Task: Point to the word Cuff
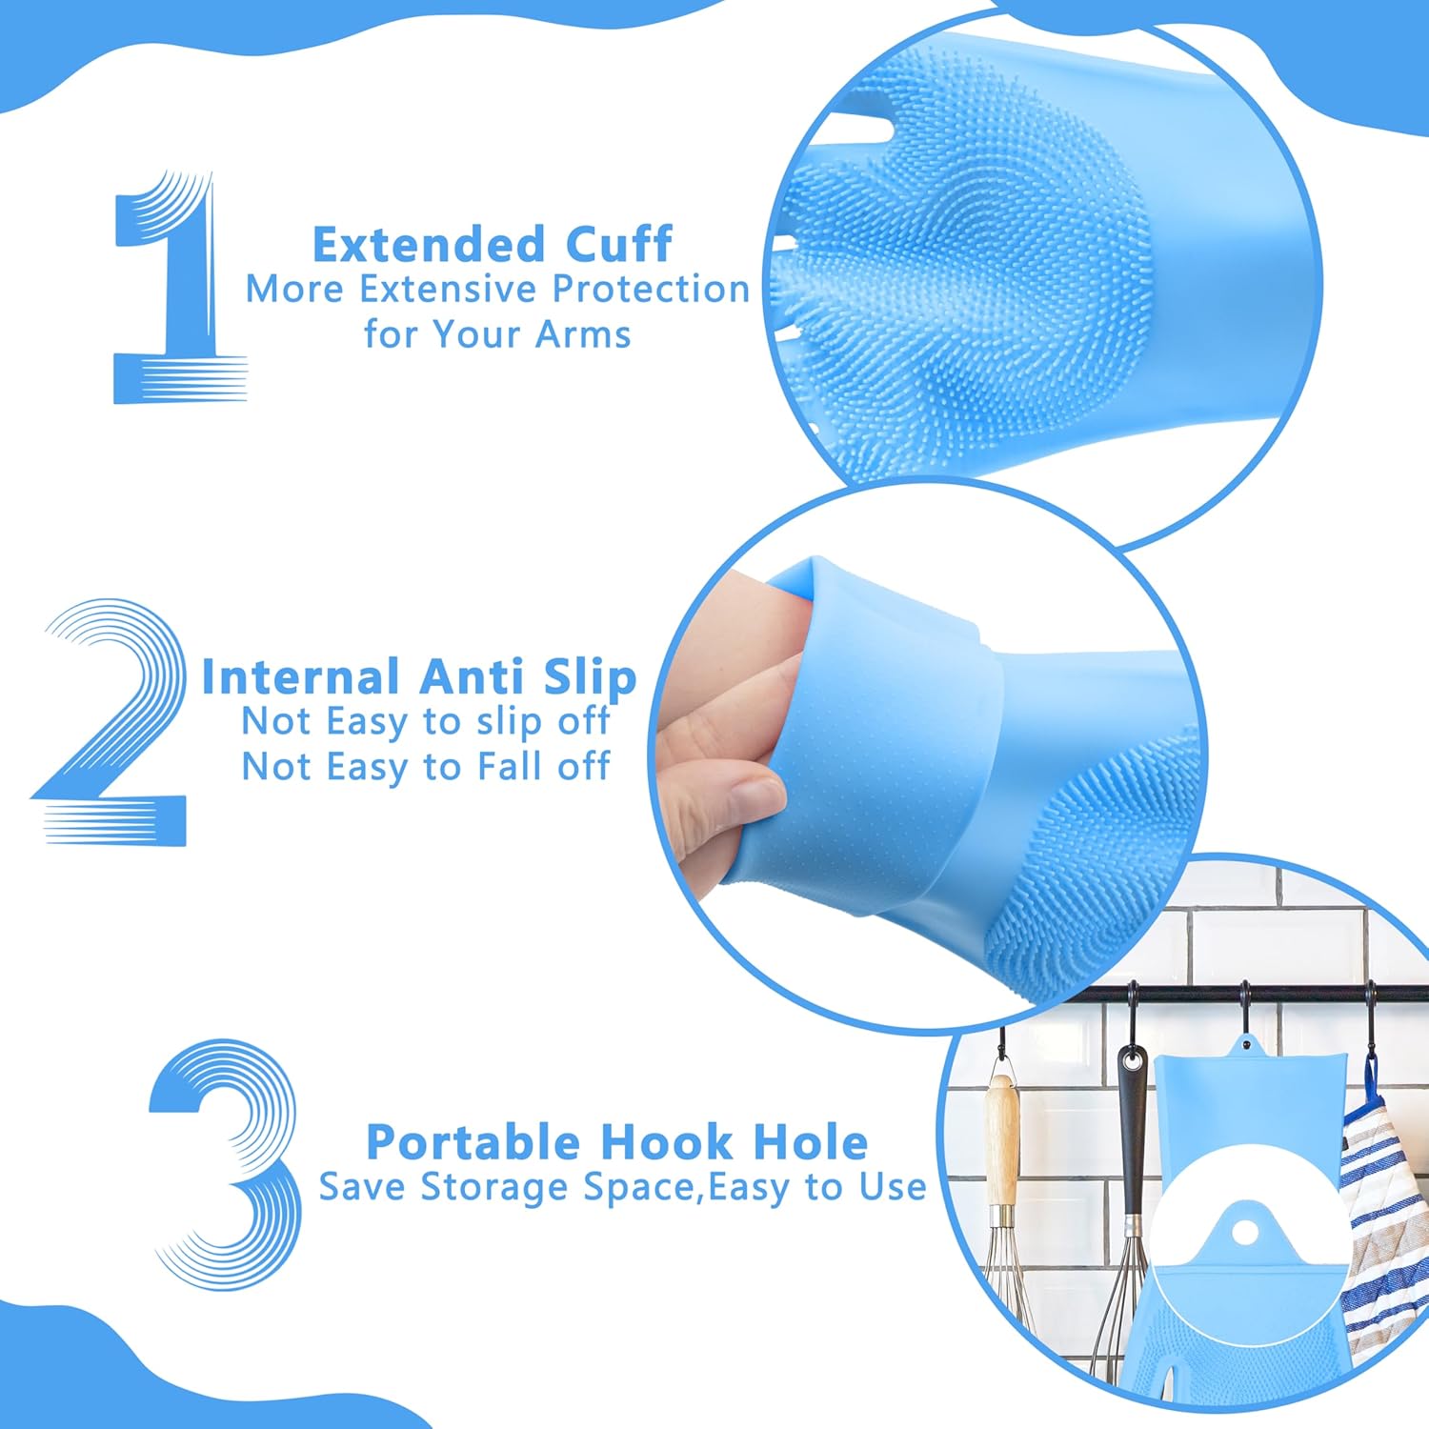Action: coord(619,245)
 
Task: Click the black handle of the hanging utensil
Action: coord(1132,1124)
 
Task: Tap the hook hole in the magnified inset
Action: coord(1243,1233)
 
